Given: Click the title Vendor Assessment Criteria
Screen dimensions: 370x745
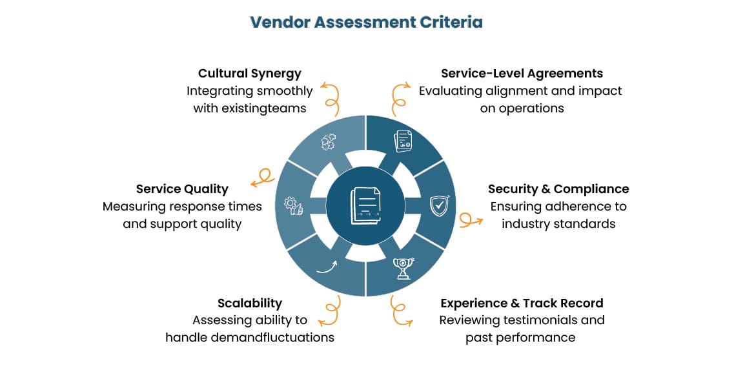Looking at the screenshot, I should tap(366, 22).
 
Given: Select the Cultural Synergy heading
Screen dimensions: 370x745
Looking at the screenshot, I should tap(249, 74).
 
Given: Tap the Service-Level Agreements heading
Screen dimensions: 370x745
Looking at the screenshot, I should tap(522, 74).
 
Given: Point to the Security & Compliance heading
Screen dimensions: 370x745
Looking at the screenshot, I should tap(558, 189).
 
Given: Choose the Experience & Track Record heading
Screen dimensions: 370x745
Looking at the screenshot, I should tap(522, 303).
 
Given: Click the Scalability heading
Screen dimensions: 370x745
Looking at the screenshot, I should tap(249, 303).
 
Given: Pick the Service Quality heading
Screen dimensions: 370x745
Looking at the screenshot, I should tap(182, 189).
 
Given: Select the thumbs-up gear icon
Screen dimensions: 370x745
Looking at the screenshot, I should tap(293, 206).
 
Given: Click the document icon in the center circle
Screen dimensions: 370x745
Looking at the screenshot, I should tap(365, 206).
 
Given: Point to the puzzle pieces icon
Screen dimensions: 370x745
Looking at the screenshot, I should tap(328, 143).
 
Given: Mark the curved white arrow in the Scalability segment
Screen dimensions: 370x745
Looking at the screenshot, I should tap(327, 267).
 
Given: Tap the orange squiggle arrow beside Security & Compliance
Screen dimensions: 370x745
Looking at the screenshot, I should tap(471, 220).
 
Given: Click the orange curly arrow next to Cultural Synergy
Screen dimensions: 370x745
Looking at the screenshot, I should tap(331, 96).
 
